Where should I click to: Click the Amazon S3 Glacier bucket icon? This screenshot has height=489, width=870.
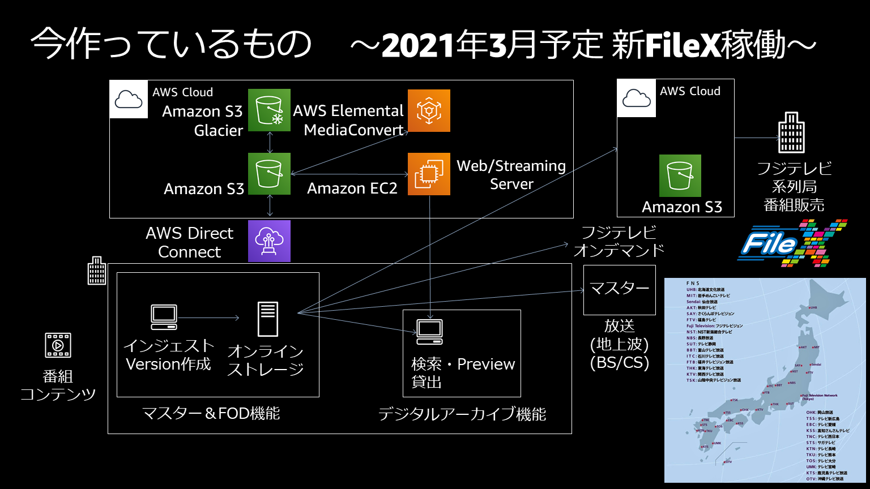click(x=269, y=110)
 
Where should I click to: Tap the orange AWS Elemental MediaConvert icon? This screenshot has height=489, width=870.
click(x=429, y=110)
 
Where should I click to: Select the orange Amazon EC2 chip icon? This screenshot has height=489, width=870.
click(x=429, y=174)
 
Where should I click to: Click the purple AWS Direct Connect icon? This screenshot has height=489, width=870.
click(x=269, y=241)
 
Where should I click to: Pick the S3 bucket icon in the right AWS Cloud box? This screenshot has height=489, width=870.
click(x=680, y=175)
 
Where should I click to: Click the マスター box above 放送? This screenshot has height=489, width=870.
click(x=619, y=289)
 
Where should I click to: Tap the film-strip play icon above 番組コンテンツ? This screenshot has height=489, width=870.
click(x=58, y=345)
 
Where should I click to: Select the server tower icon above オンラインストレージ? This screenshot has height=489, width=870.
click(x=267, y=319)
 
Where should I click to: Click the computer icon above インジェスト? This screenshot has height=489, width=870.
click(x=164, y=317)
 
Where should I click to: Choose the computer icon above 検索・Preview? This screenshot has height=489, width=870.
click(x=429, y=332)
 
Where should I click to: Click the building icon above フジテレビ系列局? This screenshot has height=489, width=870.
click(x=791, y=133)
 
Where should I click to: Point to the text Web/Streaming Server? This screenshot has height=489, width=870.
click(x=511, y=175)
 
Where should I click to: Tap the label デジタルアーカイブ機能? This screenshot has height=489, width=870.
click(x=462, y=414)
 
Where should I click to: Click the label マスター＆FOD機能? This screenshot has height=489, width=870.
click(x=211, y=414)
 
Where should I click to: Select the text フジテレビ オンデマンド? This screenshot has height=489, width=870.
click(x=619, y=241)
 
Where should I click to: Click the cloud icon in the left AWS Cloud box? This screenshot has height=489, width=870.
click(x=129, y=100)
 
